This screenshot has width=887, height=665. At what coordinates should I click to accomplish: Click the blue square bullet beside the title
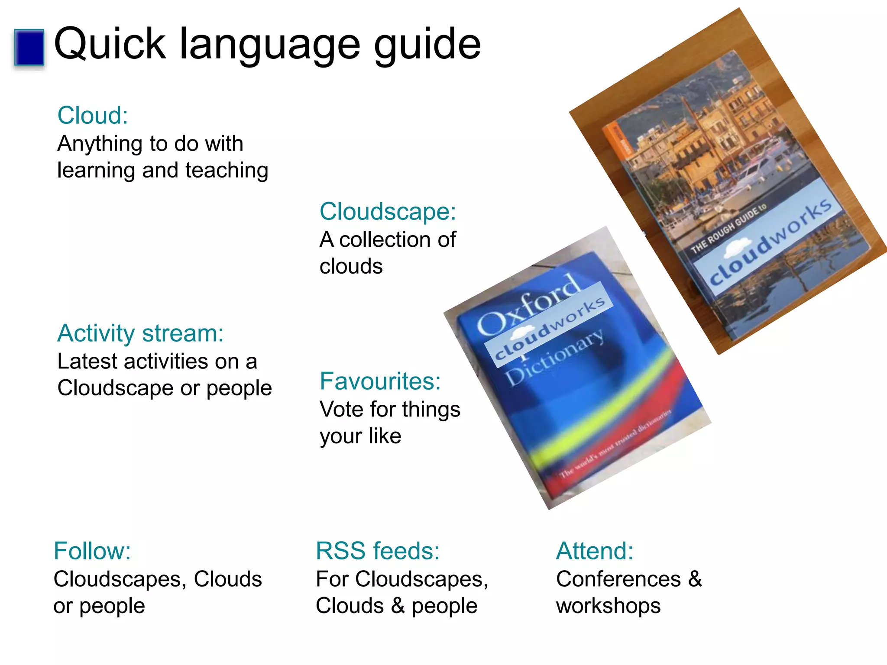[29, 47]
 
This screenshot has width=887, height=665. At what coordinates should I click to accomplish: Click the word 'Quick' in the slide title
[110, 44]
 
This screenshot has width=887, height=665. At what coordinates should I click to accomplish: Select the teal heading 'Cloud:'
[93, 116]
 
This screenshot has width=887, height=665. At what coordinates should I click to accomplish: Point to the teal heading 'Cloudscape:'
[388, 212]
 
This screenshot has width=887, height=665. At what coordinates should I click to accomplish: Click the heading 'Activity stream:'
[140, 333]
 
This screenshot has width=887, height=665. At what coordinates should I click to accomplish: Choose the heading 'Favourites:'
[380, 381]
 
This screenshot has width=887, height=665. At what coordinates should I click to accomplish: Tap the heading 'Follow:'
[92, 551]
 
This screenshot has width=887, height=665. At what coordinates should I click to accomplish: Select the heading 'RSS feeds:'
[378, 551]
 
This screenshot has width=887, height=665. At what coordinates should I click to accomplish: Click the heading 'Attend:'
[594, 551]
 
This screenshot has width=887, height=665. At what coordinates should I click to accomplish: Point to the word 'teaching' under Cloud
[227, 170]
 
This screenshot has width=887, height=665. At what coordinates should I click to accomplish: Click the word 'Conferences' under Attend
[618, 579]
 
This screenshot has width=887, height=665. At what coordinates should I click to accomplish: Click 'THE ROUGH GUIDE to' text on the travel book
[728, 229]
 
